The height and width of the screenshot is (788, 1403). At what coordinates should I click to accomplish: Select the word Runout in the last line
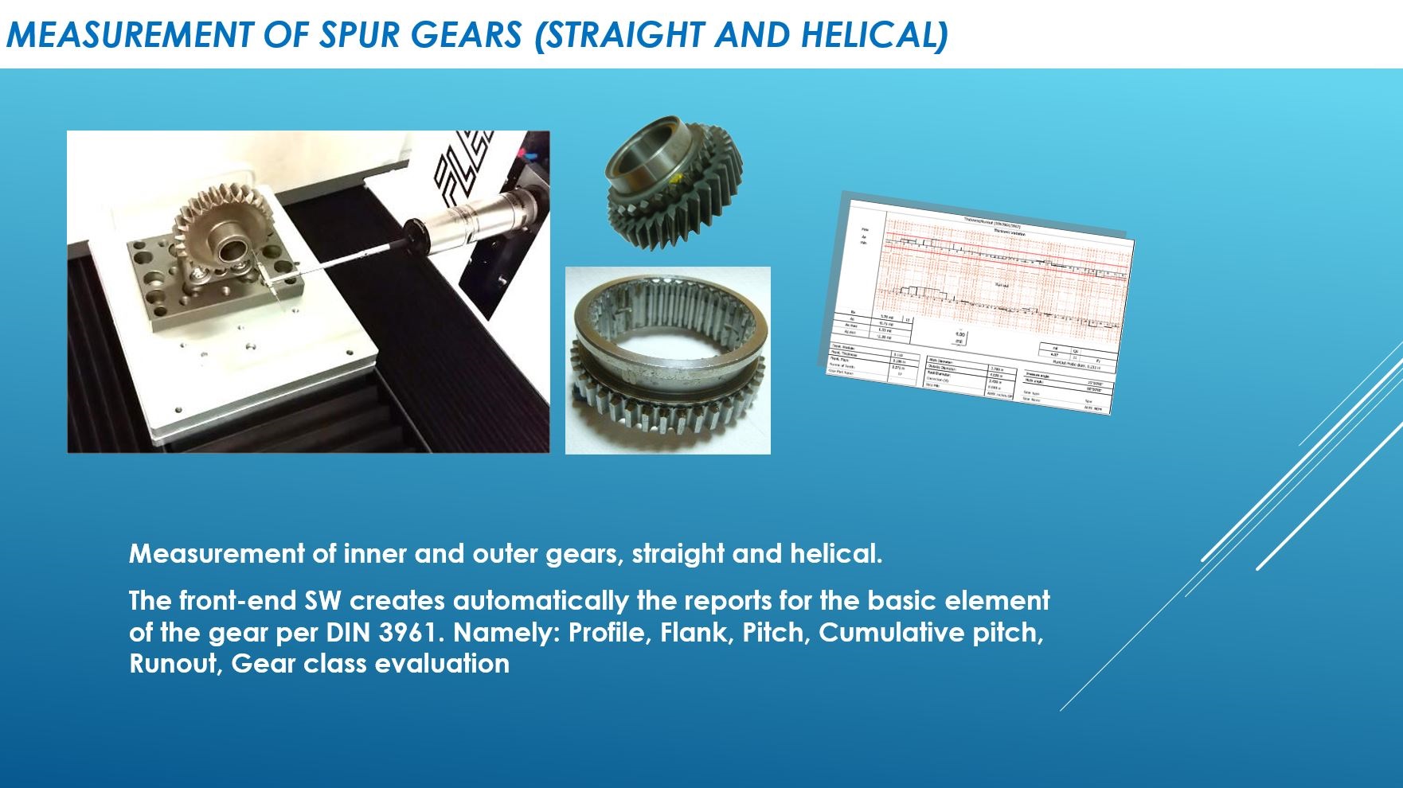[174, 663]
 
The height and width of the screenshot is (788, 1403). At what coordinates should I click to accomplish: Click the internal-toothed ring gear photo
[667, 360]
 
